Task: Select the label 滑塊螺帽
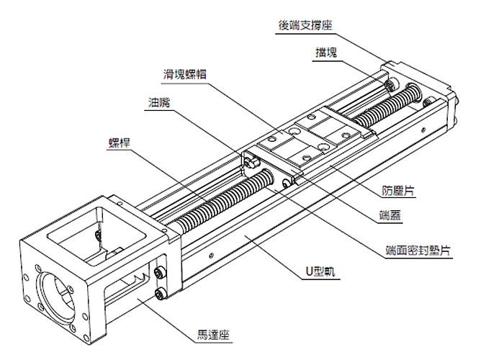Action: click(183, 73)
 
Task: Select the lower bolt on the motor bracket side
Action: click(158, 294)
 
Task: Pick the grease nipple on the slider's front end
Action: click(250, 164)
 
